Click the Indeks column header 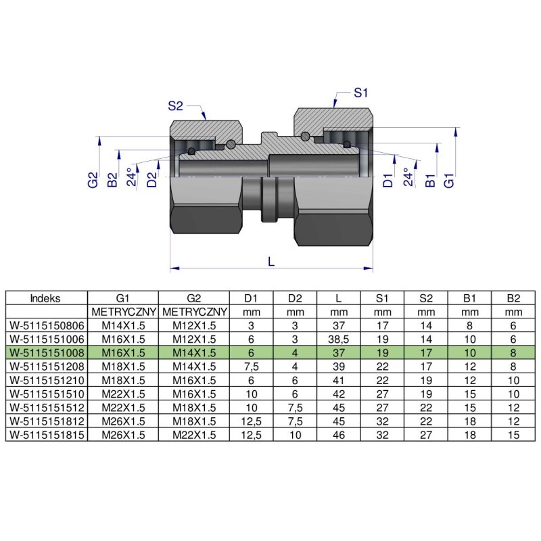click(45, 298)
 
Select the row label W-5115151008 click(46, 352)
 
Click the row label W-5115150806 click(46, 325)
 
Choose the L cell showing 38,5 click(338, 338)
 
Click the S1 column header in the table click(382, 298)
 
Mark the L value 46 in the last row click(338, 435)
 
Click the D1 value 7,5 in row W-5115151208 click(250, 365)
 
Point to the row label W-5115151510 click(46, 394)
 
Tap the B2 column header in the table click(513, 298)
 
